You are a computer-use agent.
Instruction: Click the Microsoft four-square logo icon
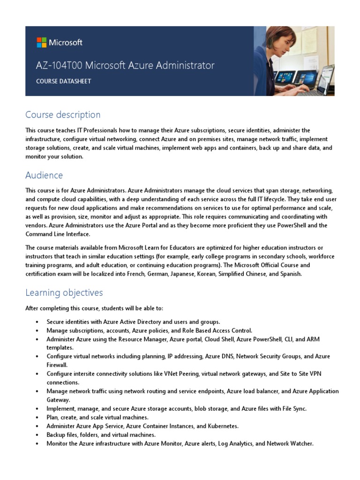[42, 43]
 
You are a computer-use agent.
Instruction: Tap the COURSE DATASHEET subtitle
[64, 81]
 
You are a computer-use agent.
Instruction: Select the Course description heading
[63, 115]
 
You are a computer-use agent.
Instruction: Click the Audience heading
[44, 175]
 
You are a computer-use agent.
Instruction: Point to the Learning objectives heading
[64, 293]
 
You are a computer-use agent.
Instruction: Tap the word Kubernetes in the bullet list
[221, 426]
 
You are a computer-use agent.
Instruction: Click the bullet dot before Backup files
[37, 435]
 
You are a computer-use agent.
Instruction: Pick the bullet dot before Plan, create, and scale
[37, 417]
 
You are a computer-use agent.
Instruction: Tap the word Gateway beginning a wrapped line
[58, 400]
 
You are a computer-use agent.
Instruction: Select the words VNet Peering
[179, 374]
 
